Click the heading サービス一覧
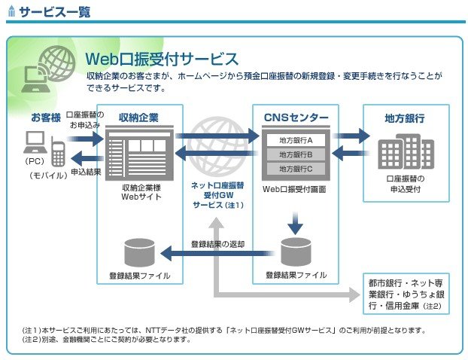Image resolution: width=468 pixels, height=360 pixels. click(55, 12)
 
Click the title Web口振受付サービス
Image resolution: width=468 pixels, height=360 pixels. click(162, 59)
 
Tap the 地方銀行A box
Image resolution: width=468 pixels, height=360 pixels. click(296, 140)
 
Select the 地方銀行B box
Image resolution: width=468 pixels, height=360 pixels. click(296, 154)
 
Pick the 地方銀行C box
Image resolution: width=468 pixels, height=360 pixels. click(296, 169)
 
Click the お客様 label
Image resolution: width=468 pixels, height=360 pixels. click(46, 117)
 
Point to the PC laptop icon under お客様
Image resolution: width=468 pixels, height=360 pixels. click(35, 142)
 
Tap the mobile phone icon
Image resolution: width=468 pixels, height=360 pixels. click(58, 151)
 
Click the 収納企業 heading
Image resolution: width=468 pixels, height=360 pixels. click(138, 117)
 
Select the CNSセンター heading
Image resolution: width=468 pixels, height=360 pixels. click(296, 117)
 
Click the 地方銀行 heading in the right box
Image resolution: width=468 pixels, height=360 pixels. click(405, 118)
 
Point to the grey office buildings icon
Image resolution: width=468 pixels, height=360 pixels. click(406, 151)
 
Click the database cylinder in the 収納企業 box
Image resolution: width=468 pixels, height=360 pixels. click(139, 253)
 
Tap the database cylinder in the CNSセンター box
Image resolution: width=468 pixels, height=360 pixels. click(296, 252)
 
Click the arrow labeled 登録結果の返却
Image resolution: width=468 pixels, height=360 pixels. click(217, 253)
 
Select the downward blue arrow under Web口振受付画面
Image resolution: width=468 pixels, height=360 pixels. click(295, 224)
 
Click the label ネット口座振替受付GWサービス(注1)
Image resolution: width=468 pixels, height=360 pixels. click(218, 195)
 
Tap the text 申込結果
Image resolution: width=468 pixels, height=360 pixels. click(86, 172)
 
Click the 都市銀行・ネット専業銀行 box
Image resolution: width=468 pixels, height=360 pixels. click(406, 294)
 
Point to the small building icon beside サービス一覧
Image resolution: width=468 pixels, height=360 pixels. click(11, 11)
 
